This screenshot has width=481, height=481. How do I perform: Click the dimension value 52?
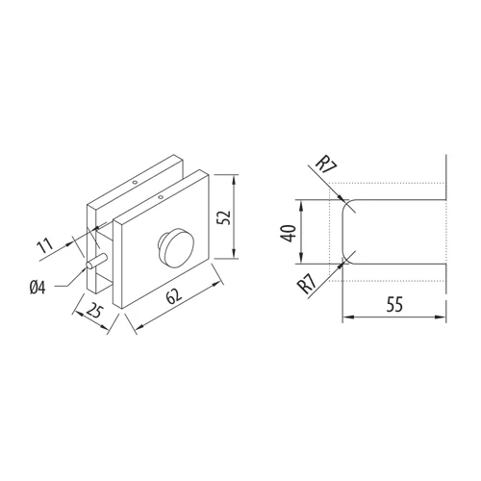click(x=224, y=217)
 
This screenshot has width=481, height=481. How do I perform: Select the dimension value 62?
click(x=174, y=296)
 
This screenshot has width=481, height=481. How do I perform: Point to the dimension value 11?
click(x=44, y=245)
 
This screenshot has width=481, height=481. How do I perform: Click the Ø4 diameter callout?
click(x=38, y=287)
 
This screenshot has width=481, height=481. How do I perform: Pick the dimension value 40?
click(x=288, y=233)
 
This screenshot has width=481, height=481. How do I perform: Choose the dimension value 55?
click(x=394, y=304)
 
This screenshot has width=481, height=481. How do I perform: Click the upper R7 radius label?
click(x=325, y=165)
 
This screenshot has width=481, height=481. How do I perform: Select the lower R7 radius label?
click(x=307, y=284)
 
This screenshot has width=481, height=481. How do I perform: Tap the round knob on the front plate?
click(x=175, y=247)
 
